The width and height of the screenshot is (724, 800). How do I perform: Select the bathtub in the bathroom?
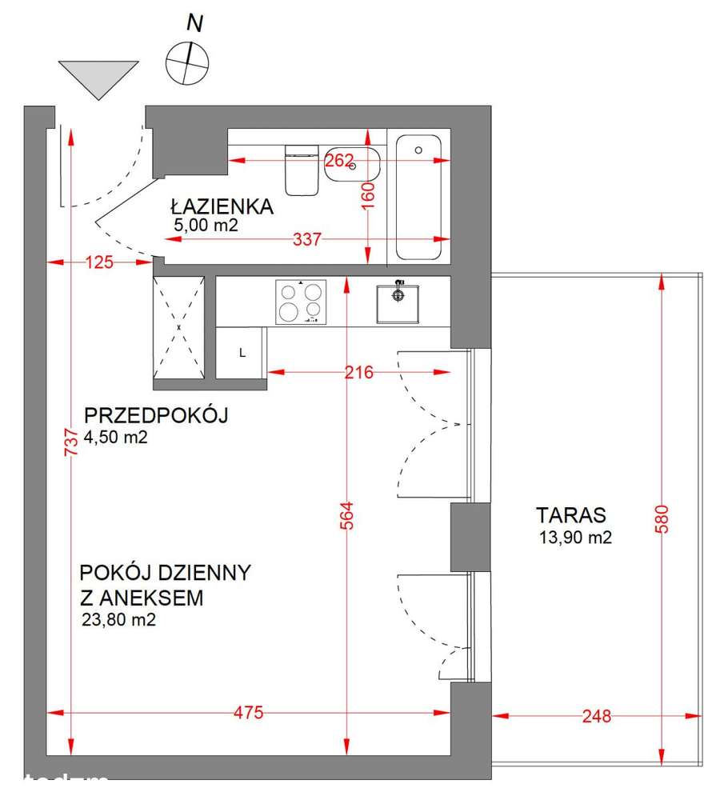[x=418, y=198]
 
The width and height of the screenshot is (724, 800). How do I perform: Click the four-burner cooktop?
[x=301, y=302]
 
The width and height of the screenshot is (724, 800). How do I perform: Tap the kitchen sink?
[x=398, y=302]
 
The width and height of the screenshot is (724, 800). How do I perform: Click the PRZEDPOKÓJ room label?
[x=157, y=415]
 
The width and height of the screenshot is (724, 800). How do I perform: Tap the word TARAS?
[x=571, y=514]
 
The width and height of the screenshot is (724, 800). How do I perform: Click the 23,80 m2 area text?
[x=118, y=618]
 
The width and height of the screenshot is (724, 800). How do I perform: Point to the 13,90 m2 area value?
[x=575, y=538]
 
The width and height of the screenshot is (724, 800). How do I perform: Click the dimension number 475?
[x=249, y=713]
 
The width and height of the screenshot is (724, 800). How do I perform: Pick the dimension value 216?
[x=359, y=372]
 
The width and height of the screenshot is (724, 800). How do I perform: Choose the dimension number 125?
[x=100, y=262]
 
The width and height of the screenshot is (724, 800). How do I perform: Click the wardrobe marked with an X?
[x=179, y=328]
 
